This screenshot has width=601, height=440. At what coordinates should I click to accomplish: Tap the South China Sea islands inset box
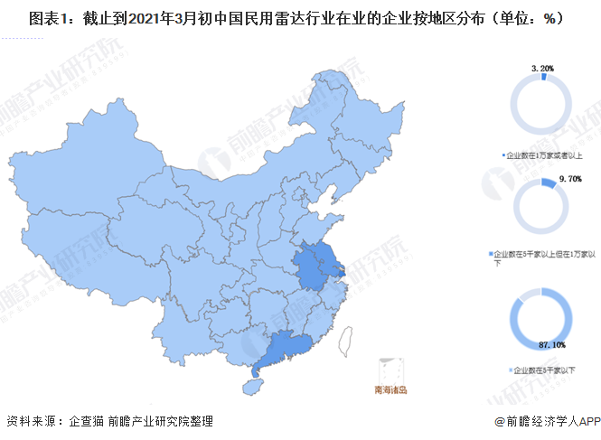390,370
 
